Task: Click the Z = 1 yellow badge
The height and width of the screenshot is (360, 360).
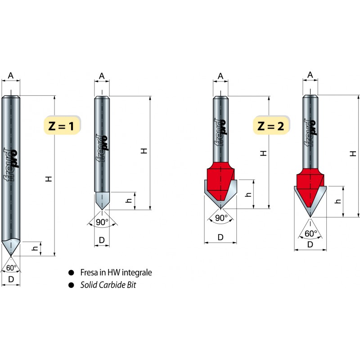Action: pyautogui.click(x=62, y=125)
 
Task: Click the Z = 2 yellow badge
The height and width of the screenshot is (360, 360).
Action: pyautogui.click(x=271, y=126)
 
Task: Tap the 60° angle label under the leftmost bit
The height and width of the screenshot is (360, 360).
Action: pyautogui.click(x=11, y=268)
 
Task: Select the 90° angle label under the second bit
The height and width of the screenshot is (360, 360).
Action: pyautogui.click(x=102, y=222)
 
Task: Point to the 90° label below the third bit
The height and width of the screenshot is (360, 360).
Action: pyautogui.click(x=221, y=218)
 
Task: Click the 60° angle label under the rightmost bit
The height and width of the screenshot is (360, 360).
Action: pyautogui.click(x=311, y=234)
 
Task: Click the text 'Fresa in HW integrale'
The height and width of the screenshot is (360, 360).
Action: pyautogui.click(x=116, y=273)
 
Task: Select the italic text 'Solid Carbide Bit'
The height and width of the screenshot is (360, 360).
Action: pyautogui.click(x=108, y=285)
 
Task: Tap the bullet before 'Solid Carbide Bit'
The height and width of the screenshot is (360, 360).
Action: pyautogui.click(x=71, y=285)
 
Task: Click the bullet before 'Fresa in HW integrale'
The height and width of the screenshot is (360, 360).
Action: pyautogui.click(x=71, y=273)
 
